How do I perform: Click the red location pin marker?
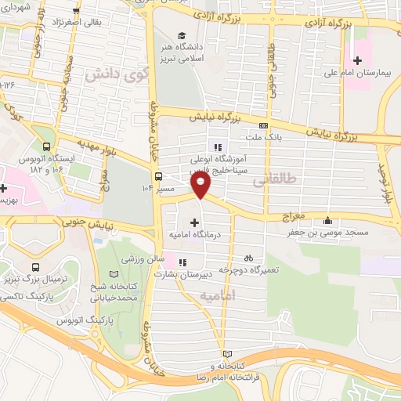tap(202, 185)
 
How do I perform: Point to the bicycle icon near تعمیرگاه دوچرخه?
tap(248, 257)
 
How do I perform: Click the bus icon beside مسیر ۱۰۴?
tap(159, 176)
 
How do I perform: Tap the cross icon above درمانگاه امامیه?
tap(195, 223)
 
